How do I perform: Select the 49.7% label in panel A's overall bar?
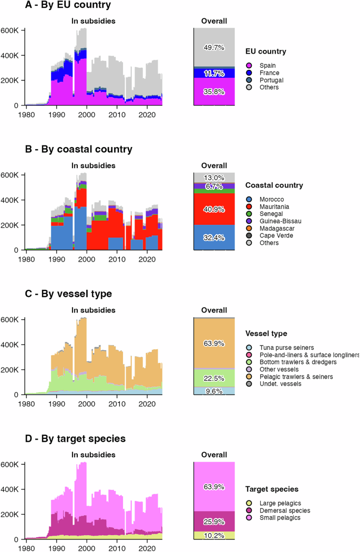(214, 47)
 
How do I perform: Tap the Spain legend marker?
(250, 65)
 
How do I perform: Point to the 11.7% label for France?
(214, 73)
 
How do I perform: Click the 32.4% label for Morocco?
(214, 238)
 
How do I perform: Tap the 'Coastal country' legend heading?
(274, 186)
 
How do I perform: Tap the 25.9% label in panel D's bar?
(214, 522)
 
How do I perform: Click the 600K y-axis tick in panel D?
(12, 464)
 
